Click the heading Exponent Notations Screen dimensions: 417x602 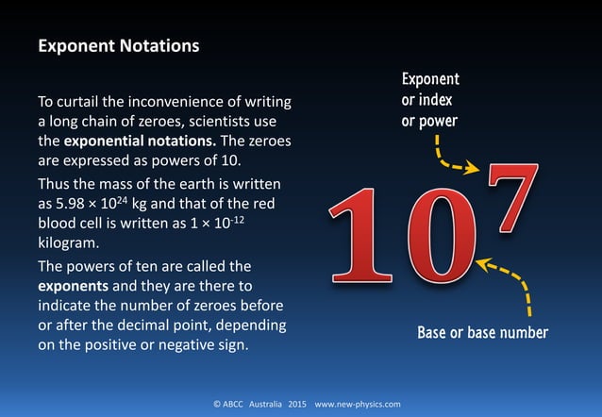(118, 45)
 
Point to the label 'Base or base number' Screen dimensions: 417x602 (482, 333)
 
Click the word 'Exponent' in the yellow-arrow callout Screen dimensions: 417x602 (430, 80)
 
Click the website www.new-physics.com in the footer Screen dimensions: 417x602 (358, 404)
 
